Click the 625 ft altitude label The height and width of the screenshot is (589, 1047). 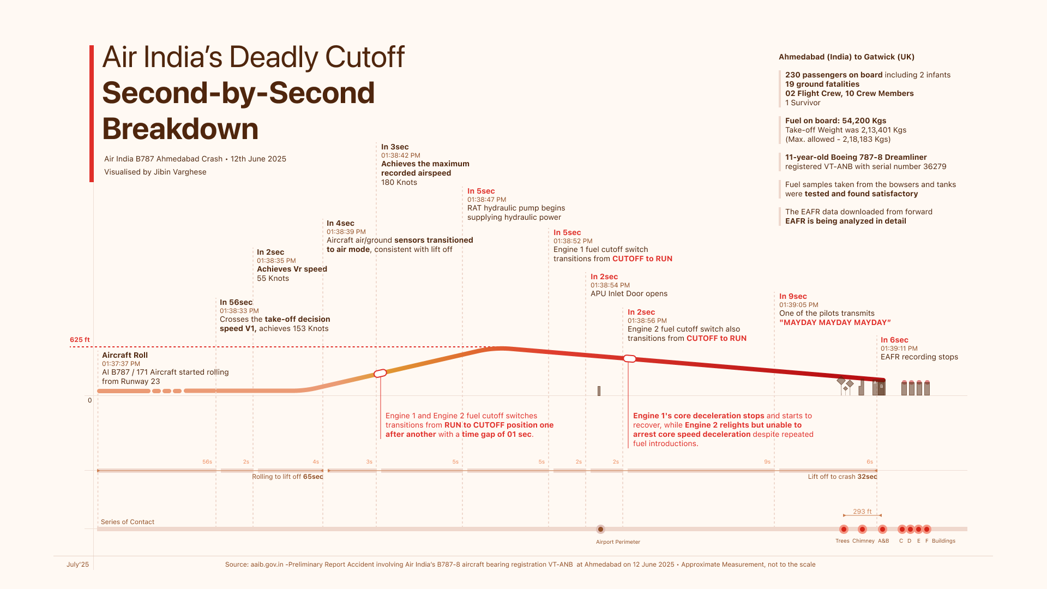(80, 340)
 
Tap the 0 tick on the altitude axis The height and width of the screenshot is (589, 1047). (90, 400)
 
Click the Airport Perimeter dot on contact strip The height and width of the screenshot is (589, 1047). (600, 529)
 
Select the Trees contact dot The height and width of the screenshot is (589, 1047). (844, 529)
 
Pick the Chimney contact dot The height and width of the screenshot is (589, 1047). (862, 529)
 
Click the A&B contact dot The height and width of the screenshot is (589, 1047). (882, 529)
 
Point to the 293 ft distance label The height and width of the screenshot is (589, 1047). (862, 512)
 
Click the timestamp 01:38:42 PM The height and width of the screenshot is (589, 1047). (401, 155)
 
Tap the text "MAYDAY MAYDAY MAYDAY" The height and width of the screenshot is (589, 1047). (835, 322)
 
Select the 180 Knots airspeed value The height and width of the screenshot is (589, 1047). (399, 182)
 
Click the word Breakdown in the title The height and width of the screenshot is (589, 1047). (180, 129)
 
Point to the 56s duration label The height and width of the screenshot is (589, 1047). (207, 462)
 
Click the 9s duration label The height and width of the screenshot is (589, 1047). (767, 462)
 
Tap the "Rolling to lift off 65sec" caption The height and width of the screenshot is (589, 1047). (287, 477)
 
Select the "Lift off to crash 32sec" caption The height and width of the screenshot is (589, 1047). (843, 477)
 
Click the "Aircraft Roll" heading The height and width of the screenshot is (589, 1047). (125, 355)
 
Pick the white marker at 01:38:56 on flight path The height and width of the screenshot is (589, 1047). (629, 359)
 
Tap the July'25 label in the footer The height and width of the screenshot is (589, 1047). (77, 564)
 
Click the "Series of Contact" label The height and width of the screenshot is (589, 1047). (128, 522)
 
